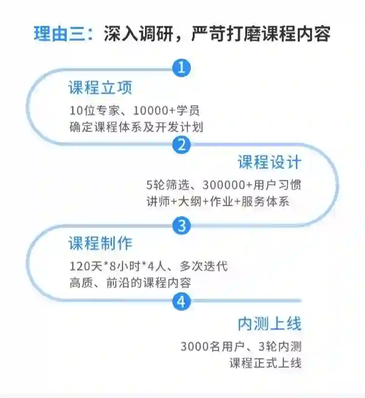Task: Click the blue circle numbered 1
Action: tap(181, 68)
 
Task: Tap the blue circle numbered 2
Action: tap(181, 145)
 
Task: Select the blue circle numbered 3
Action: tap(181, 225)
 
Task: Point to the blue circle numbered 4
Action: tap(181, 302)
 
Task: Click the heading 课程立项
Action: tap(100, 88)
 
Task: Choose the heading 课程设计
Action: tap(270, 162)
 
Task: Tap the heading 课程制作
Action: tap(100, 243)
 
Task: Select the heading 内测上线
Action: tap(270, 324)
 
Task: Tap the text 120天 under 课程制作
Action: tap(88, 266)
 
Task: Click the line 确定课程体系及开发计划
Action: tap(136, 127)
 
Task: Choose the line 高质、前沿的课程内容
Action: tap(129, 283)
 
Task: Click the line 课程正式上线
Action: tap(265, 363)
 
